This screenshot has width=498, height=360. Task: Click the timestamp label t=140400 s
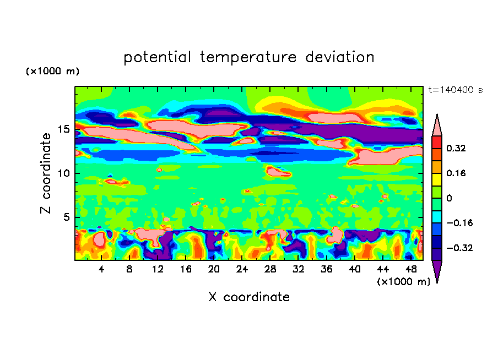tap(455, 90)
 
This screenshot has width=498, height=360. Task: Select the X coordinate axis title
tap(249, 297)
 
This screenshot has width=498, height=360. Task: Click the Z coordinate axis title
tap(46, 173)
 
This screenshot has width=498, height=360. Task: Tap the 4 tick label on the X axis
tap(101, 269)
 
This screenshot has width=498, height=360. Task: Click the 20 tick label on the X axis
tap(214, 269)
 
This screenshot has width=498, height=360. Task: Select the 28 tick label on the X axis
tap(270, 269)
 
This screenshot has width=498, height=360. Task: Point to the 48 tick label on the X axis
tap(411, 269)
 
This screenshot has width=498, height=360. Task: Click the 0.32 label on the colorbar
tap(456, 148)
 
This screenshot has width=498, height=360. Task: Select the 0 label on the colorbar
tap(449, 198)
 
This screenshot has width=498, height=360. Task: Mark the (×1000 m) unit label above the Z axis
tap(52, 72)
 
